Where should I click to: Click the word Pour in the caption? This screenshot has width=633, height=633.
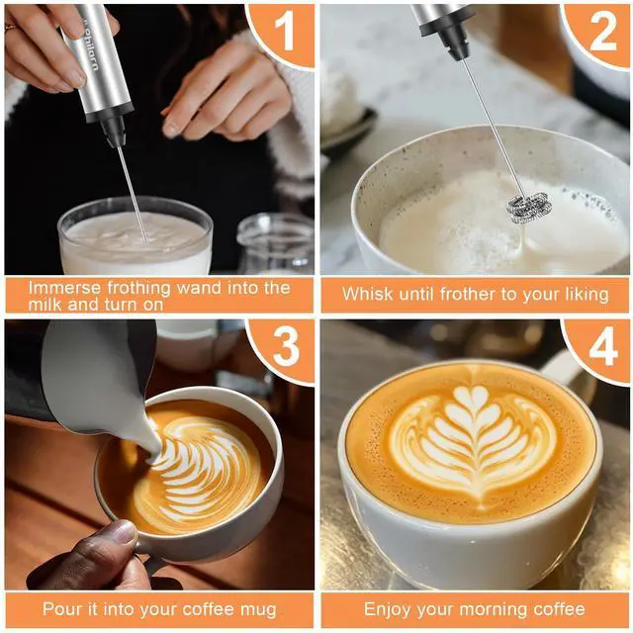59,609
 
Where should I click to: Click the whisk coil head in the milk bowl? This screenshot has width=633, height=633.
529,207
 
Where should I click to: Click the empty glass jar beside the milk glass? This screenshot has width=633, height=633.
276,243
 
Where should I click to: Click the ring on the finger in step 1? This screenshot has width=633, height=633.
10,28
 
